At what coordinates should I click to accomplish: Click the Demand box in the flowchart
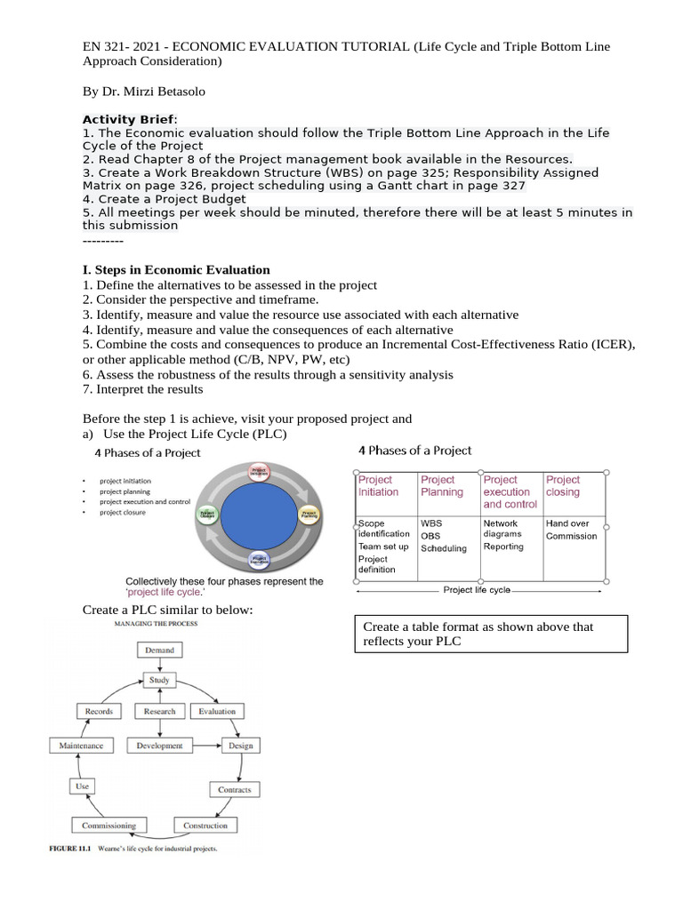(x=159, y=651)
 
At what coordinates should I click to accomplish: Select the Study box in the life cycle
(x=159, y=681)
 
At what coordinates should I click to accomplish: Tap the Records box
(x=99, y=711)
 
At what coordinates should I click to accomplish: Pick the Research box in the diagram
(x=159, y=711)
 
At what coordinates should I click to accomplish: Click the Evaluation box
(x=217, y=711)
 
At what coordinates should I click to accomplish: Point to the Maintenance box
(x=81, y=746)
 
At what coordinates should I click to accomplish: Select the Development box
(x=159, y=746)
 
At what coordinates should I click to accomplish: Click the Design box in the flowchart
(x=240, y=746)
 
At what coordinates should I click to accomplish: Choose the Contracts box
(x=235, y=789)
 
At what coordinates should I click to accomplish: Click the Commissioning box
(x=109, y=825)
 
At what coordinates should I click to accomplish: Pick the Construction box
(x=205, y=826)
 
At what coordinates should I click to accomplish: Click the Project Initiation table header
(x=379, y=486)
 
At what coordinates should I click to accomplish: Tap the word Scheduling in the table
(x=444, y=548)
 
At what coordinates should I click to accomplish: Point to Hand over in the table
(x=567, y=523)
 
